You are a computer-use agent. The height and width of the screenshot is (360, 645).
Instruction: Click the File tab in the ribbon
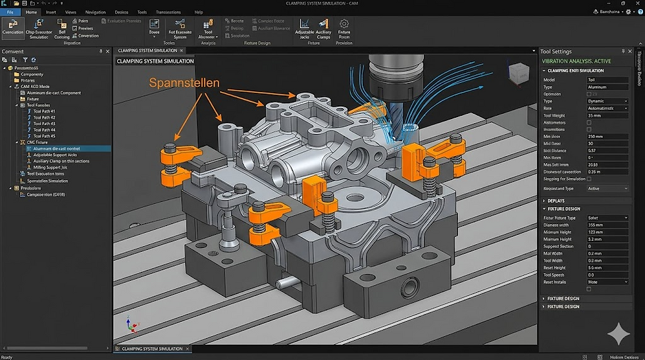coord(11,12)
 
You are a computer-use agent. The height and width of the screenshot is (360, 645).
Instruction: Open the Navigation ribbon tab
coord(95,12)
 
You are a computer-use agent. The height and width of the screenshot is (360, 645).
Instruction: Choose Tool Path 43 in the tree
coord(44,124)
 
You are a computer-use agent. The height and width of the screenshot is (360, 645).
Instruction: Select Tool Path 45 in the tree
coord(44,136)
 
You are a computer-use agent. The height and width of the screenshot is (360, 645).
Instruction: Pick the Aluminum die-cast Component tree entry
coord(54,93)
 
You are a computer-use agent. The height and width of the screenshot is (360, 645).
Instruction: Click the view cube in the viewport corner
coord(518,72)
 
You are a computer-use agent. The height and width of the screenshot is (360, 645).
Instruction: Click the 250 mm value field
coord(607,136)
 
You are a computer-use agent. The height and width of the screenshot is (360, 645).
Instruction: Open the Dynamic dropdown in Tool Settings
coord(607,101)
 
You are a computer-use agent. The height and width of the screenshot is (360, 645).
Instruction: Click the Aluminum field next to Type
coord(607,87)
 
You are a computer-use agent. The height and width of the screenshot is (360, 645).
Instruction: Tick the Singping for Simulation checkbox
coord(589,178)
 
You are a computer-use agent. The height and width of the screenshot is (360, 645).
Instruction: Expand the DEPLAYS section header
coord(556,201)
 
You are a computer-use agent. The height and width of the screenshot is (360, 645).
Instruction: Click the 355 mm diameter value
coord(607,225)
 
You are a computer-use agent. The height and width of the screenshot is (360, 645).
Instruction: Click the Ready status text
coord(7,357)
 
